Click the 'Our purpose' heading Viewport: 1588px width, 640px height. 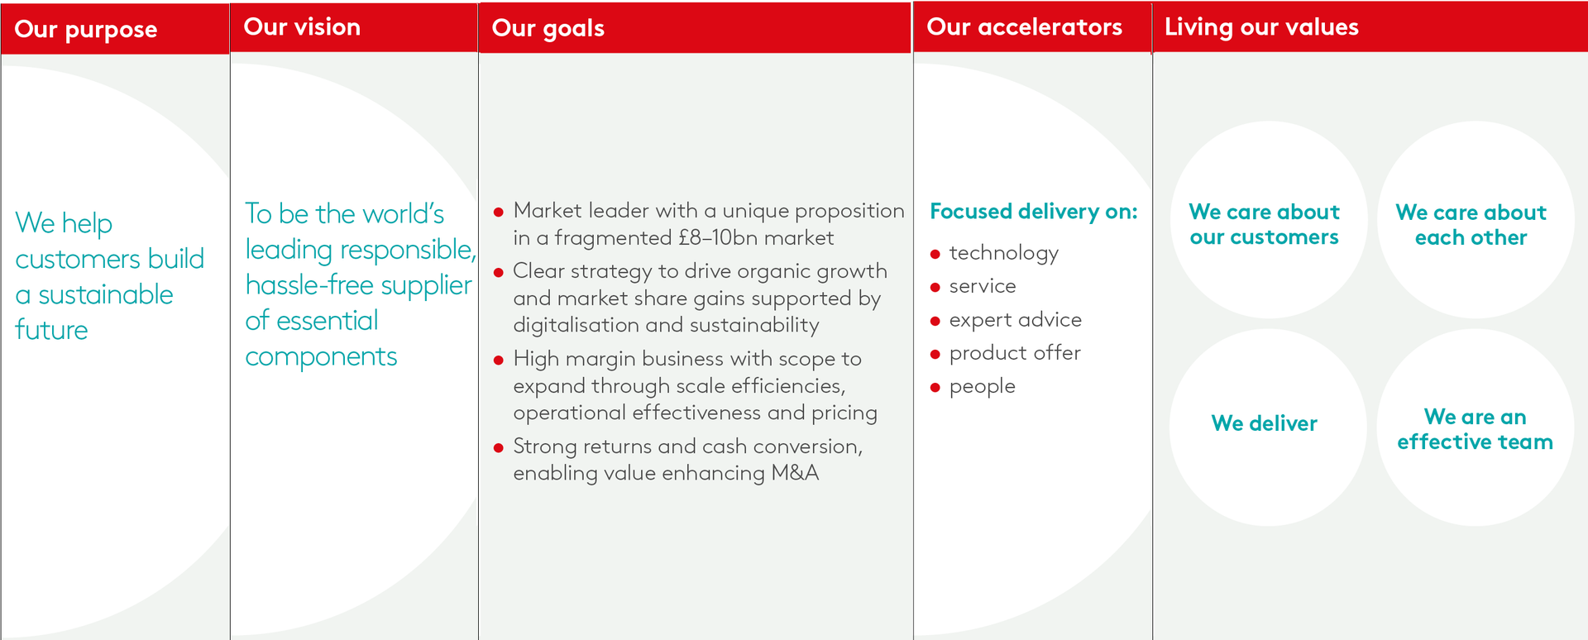[86, 30]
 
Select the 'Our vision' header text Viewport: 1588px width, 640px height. [302, 27]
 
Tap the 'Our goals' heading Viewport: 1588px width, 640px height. [548, 29]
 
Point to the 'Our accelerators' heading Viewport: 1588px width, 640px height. [1024, 27]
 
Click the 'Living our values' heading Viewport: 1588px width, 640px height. [1261, 28]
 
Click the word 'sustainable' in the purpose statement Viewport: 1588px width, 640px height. [106, 294]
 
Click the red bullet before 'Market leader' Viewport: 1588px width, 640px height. [499, 213]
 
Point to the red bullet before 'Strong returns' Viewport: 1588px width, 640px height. [499, 448]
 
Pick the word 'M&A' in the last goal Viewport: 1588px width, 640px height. [795, 473]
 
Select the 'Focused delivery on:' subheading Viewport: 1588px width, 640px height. [1034, 212]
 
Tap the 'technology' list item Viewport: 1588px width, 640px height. [1003, 253]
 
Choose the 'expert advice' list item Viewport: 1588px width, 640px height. [1015, 320]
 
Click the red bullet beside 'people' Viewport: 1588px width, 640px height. [935, 388]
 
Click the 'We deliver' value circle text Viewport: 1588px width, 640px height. [1264, 423]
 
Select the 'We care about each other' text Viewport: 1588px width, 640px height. [1471, 225]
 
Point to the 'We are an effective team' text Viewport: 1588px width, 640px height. [1475, 429]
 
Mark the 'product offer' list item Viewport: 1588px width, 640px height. [1015, 353]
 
